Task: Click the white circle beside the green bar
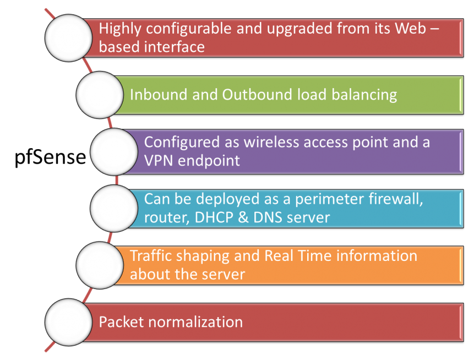point(99,95)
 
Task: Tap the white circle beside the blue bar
point(113,208)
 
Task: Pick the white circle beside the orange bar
point(99,265)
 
